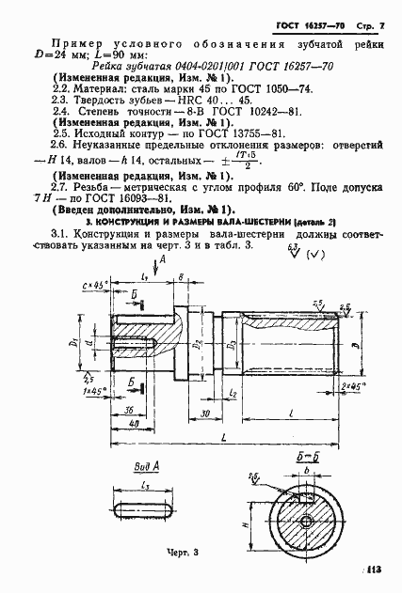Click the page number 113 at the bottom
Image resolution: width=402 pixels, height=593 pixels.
click(384, 569)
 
